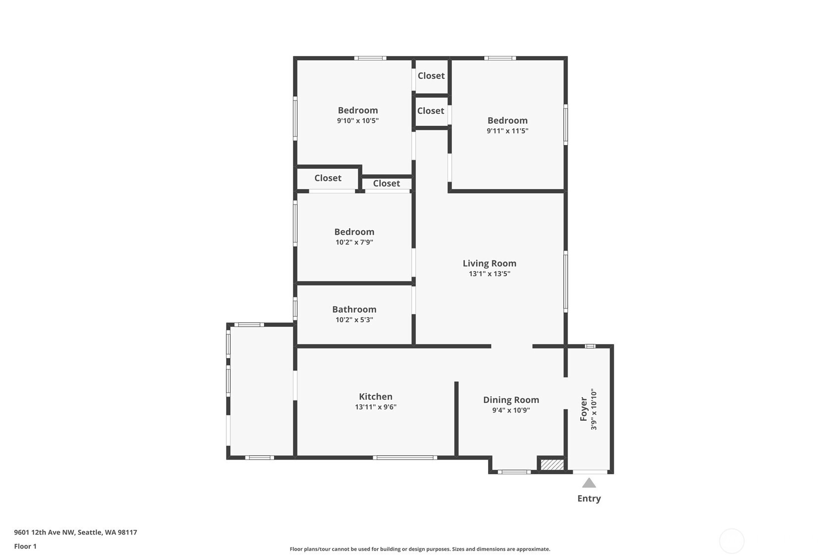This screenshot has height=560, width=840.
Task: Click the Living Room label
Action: [x=490, y=263]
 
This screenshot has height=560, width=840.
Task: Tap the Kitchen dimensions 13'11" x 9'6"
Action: [x=376, y=407]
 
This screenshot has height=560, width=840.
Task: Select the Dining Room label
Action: [x=511, y=400]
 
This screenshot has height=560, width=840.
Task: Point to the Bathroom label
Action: [x=354, y=309]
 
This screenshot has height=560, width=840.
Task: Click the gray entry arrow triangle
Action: [x=589, y=483]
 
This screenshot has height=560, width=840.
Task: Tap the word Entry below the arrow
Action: [x=589, y=499]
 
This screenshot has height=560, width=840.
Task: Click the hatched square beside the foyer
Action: [x=552, y=465]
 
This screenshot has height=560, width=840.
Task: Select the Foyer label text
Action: [x=584, y=409]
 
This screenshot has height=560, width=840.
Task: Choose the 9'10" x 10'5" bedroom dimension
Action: [x=358, y=121]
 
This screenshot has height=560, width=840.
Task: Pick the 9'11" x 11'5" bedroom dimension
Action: [x=507, y=131]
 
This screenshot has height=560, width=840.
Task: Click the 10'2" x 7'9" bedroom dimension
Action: [x=354, y=242]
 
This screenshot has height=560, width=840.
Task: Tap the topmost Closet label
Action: [x=431, y=76]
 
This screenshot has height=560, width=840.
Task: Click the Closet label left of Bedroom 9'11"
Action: [x=431, y=111]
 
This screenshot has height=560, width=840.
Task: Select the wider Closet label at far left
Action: [x=328, y=178]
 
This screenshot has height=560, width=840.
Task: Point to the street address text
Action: [x=76, y=532]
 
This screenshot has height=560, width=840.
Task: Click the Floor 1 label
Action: [x=26, y=547]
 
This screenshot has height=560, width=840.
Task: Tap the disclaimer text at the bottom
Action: [x=420, y=549]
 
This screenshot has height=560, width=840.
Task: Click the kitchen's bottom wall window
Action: [x=405, y=458]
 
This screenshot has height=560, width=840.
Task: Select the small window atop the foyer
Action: [x=590, y=346]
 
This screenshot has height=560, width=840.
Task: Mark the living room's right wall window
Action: [x=566, y=282]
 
